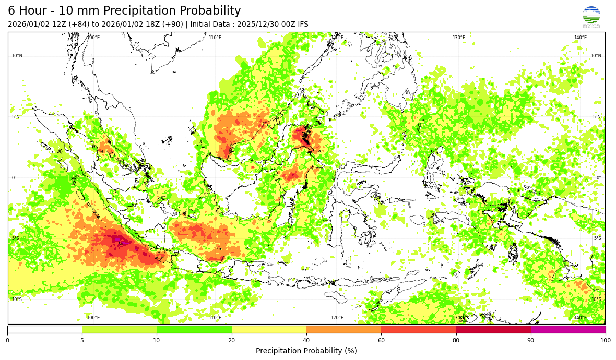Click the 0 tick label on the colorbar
(7, 340)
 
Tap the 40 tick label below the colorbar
(306, 340)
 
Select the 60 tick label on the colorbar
(381, 340)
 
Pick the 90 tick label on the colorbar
(531, 340)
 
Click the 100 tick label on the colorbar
(605, 340)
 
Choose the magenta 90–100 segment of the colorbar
(568, 329)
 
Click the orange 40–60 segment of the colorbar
(343, 329)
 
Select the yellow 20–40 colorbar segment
(269, 329)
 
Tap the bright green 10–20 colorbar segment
(194, 329)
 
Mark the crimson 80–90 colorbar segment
(493, 329)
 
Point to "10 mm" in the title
(80, 11)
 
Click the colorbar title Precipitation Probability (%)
(306, 351)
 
